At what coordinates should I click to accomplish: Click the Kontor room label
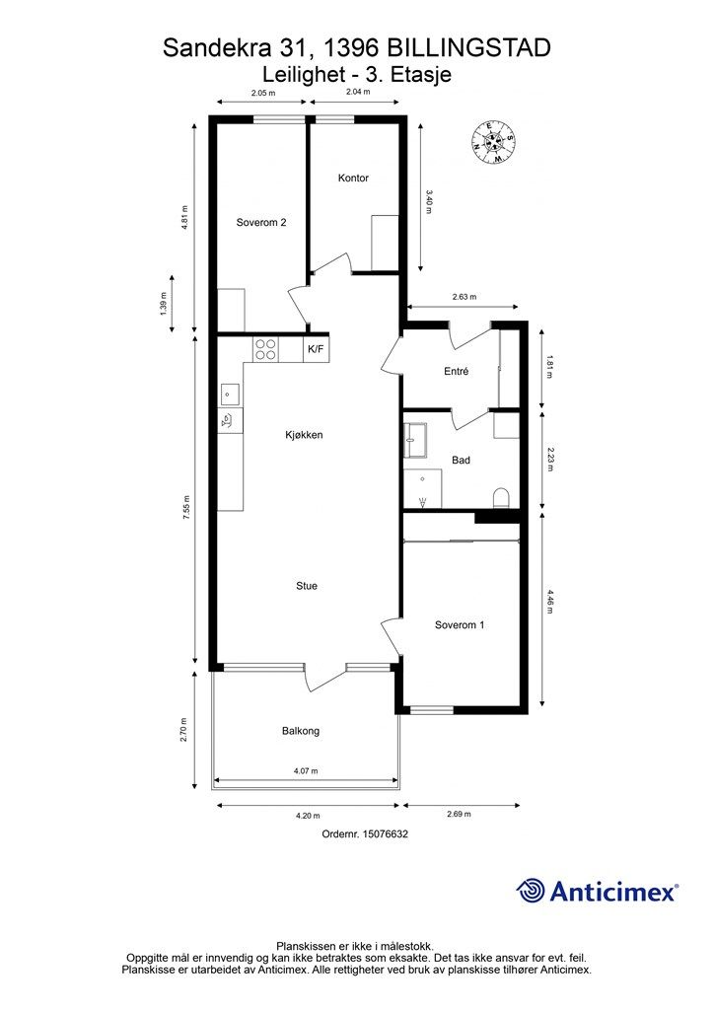pyautogui.click(x=353, y=178)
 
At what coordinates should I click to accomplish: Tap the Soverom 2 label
pyautogui.click(x=260, y=223)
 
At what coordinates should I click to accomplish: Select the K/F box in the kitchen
pyautogui.click(x=316, y=350)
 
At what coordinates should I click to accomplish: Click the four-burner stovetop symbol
pyautogui.click(x=265, y=350)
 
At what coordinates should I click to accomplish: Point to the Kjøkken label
pyautogui.click(x=304, y=435)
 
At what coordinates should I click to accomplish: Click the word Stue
pyautogui.click(x=307, y=586)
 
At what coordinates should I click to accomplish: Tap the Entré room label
pyautogui.click(x=456, y=372)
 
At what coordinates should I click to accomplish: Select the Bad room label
pyautogui.click(x=461, y=460)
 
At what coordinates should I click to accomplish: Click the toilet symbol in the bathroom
pyautogui.click(x=501, y=497)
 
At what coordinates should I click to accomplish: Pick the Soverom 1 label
pyautogui.click(x=460, y=624)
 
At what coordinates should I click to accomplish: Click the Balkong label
pyautogui.click(x=301, y=731)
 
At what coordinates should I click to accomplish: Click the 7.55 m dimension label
pyautogui.click(x=185, y=507)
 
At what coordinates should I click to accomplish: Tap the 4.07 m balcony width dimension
pyautogui.click(x=307, y=771)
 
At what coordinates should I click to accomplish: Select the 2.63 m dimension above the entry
pyautogui.click(x=464, y=297)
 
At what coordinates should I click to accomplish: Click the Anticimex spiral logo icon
pyautogui.click(x=531, y=891)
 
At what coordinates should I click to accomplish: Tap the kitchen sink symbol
pyautogui.click(x=230, y=393)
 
